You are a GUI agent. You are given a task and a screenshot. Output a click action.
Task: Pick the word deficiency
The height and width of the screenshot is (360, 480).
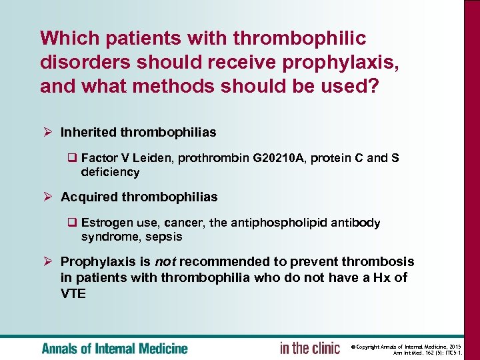(110, 172)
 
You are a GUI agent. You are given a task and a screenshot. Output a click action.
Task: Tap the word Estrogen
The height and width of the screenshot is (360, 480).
(103, 223)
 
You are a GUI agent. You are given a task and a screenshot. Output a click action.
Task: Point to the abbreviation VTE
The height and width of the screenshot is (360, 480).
(73, 293)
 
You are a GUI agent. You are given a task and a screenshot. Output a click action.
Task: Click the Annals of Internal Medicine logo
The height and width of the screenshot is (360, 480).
(115, 348)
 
